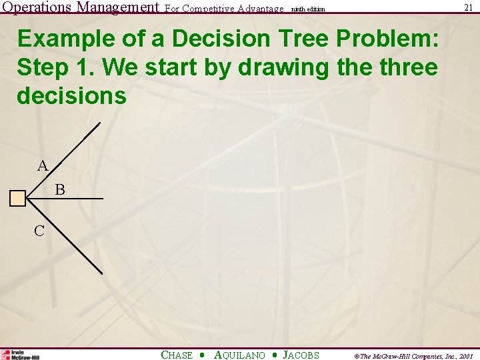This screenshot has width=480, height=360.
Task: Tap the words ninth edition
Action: point(308,9)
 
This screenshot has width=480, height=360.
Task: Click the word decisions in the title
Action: point(71,95)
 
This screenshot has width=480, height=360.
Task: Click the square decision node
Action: point(18,198)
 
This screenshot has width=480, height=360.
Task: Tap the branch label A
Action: point(43,165)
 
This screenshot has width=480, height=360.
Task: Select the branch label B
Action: point(60,190)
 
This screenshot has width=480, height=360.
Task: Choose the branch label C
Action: point(39,231)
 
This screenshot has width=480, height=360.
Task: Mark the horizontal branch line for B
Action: point(73,199)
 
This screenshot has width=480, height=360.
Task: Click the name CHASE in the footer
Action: point(177,355)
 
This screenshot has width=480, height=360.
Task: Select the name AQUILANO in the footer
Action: point(239,355)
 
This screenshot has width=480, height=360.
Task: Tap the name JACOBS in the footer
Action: point(301,355)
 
